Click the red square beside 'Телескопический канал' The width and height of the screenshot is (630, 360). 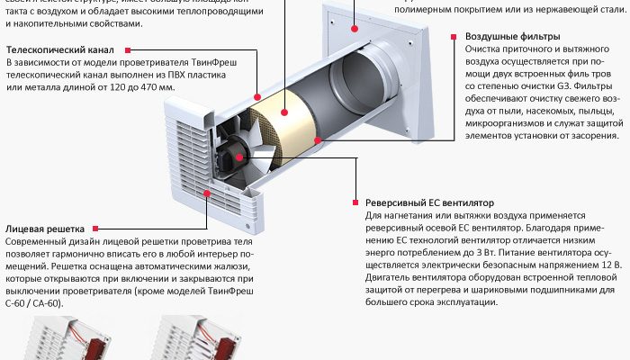128,50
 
